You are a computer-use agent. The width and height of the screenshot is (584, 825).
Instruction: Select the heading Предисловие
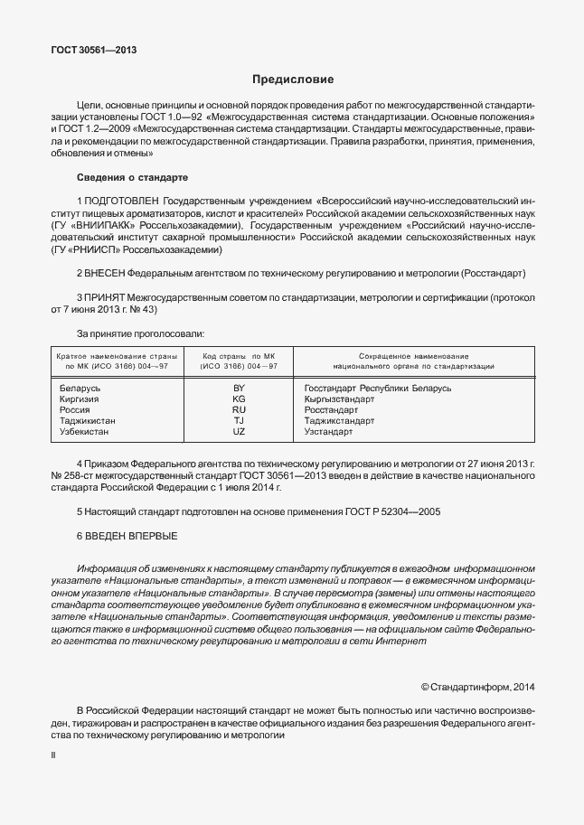(x=292, y=80)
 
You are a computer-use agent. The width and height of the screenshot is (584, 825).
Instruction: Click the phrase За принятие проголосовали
(x=140, y=334)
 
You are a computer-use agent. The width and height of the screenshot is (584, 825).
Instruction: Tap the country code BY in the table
(x=239, y=388)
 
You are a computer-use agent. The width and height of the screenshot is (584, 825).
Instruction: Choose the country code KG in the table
(x=239, y=398)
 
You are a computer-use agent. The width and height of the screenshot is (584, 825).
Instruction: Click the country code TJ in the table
(x=239, y=421)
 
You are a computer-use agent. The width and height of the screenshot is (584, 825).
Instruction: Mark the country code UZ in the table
(x=239, y=432)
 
